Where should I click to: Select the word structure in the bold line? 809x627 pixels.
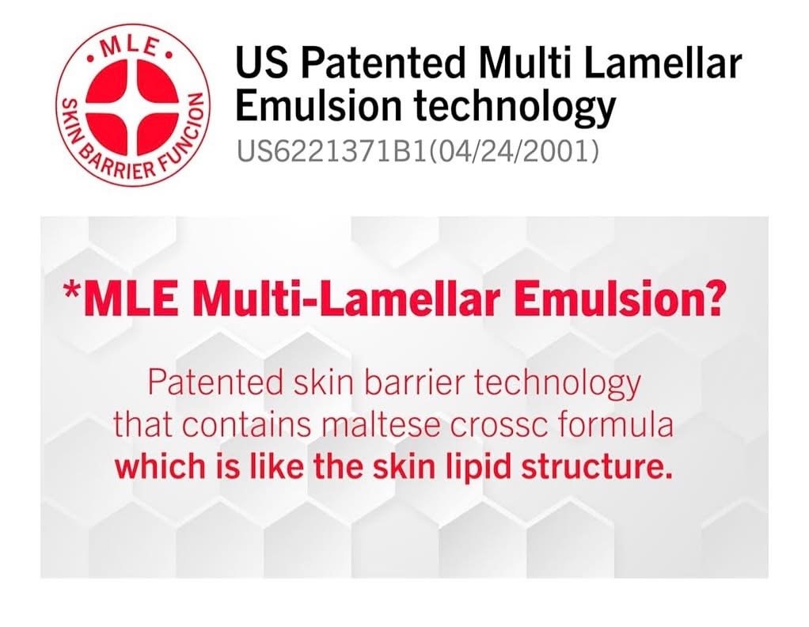point(603,466)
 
